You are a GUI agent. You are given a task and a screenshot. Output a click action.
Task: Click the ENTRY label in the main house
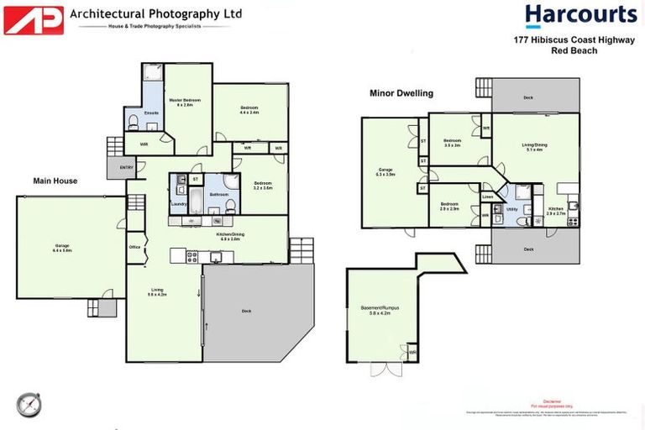(x=127, y=168)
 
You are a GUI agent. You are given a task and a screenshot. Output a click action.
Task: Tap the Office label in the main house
(x=134, y=247)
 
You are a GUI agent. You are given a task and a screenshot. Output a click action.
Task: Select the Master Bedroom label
(x=181, y=102)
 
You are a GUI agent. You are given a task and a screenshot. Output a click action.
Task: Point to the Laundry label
(x=178, y=203)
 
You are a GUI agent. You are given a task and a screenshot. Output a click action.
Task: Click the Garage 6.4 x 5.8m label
(x=62, y=248)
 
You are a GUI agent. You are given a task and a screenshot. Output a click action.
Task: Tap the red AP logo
(x=34, y=20)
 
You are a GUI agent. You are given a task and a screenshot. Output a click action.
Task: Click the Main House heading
(x=55, y=181)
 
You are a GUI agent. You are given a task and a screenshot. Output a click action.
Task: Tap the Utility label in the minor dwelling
(x=511, y=209)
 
